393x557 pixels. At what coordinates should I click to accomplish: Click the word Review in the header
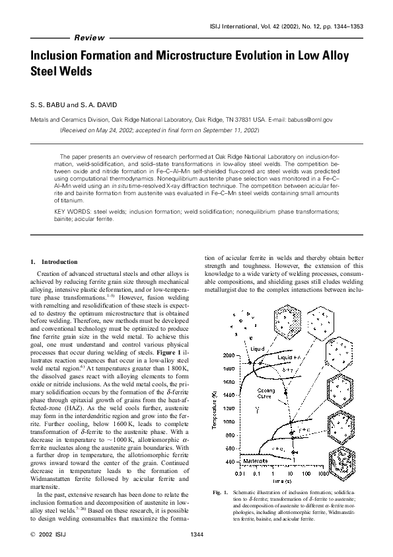[91, 38]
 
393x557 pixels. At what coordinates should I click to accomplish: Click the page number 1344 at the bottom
[196, 533]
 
